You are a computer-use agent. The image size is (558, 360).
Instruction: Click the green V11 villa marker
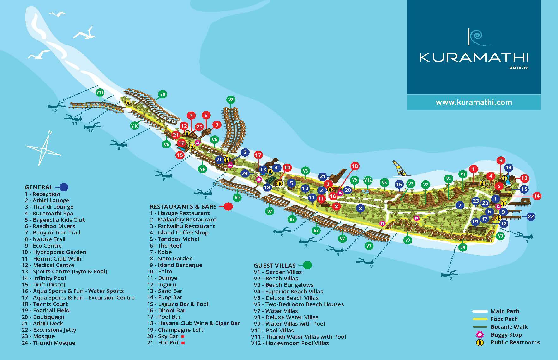point(100,92)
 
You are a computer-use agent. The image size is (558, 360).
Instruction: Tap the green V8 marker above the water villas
point(231,100)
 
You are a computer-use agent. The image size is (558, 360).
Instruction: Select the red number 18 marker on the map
point(355,166)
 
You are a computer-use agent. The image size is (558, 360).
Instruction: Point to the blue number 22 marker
point(531,216)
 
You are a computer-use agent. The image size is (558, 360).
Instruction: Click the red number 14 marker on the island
point(537,196)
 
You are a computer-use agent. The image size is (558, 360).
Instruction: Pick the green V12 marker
point(368,180)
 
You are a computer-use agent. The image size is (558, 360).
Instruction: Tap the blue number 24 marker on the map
point(245,173)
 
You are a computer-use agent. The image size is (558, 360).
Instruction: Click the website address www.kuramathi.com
point(474,103)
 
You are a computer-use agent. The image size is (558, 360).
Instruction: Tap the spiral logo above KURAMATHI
point(478,38)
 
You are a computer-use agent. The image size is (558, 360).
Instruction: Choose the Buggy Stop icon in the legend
point(480,335)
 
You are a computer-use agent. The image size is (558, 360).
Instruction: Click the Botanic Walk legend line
point(480,327)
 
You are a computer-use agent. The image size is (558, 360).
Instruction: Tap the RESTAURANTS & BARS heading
point(183,207)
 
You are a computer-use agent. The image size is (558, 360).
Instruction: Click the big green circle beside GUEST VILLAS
point(308,265)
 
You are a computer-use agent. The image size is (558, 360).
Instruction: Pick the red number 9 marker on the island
point(500,161)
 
